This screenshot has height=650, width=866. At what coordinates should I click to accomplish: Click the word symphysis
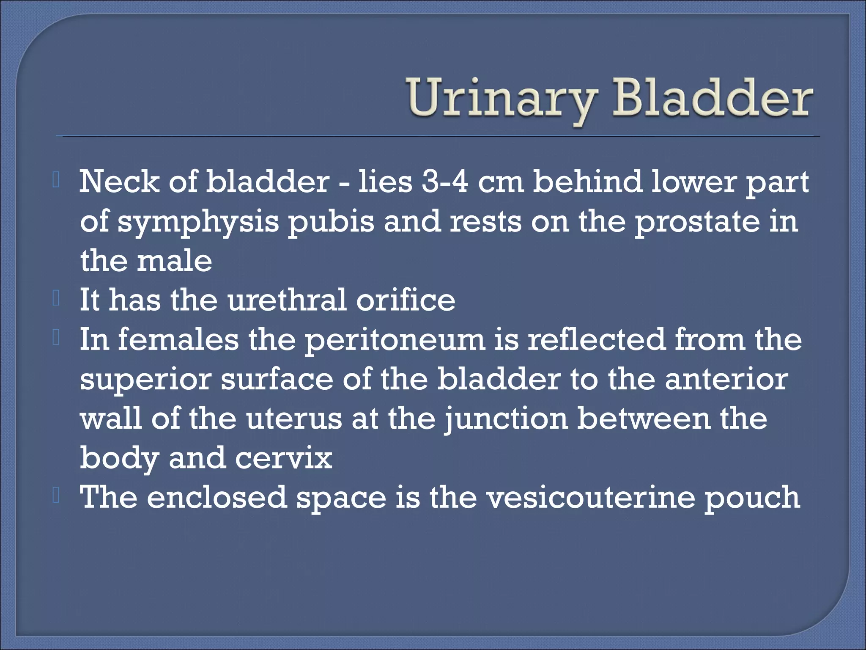(198, 221)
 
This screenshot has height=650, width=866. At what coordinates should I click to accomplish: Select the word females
(178, 340)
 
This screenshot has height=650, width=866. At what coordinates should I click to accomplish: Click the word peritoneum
(395, 340)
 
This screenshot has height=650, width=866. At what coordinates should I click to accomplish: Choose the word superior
(145, 379)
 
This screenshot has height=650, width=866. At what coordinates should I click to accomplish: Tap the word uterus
(294, 419)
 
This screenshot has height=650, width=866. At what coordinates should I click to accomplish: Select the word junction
(506, 419)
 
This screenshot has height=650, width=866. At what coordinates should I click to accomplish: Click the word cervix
(284, 458)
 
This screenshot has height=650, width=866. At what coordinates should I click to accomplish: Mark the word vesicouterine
(590, 497)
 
